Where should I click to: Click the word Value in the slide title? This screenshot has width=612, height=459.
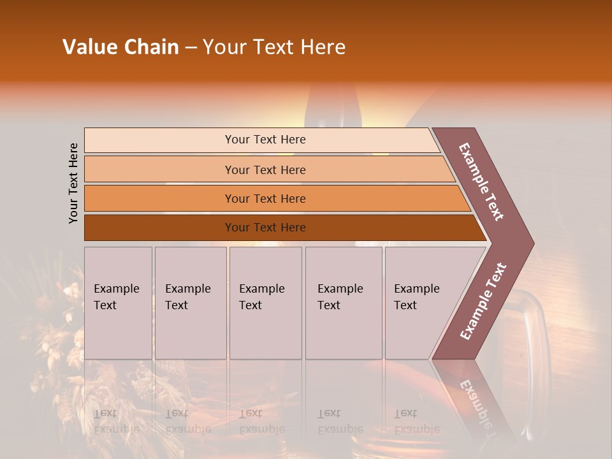click(90, 47)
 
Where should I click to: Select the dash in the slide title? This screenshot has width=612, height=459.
click(191, 48)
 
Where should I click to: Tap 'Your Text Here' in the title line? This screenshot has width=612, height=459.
click(274, 47)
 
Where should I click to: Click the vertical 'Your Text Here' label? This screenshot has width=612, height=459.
click(73, 183)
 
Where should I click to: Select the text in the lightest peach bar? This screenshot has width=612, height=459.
click(265, 140)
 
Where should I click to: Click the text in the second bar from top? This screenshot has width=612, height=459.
click(265, 170)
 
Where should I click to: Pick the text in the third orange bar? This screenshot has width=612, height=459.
click(265, 198)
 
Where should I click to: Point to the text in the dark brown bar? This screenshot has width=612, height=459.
click(265, 227)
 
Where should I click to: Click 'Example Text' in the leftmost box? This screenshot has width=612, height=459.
click(116, 296)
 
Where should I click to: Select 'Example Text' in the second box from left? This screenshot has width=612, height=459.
click(187, 296)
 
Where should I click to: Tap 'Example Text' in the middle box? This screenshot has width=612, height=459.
click(261, 296)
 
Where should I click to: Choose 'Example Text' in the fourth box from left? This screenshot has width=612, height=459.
click(340, 296)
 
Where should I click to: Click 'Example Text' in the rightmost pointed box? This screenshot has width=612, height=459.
click(416, 296)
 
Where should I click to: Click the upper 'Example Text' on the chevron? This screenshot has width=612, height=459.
click(481, 182)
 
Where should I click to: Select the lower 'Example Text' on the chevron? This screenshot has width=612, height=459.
click(483, 302)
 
